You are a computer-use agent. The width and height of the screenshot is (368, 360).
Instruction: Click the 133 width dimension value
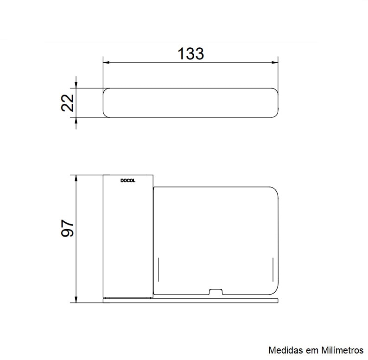click(x=190, y=54)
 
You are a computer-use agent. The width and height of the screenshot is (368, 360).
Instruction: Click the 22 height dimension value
click(x=68, y=103)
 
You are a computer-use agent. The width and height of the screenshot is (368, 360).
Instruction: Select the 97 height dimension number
click(x=68, y=228)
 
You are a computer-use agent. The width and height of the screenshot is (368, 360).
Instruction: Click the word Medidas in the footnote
click(x=283, y=350)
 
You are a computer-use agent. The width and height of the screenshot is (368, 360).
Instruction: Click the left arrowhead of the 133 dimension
click(x=105, y=62)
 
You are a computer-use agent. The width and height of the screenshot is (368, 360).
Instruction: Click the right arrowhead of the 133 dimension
click(x=275, y=62)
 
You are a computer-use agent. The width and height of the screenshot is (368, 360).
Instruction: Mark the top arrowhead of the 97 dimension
click(x=76, y=178)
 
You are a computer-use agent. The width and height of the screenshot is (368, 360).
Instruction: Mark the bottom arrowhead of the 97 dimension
click(x=76, y=300)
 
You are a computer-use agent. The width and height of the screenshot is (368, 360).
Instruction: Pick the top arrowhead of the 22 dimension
click(x=76, y=84)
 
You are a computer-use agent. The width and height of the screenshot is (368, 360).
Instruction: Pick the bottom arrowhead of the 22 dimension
click(x=76, y=120)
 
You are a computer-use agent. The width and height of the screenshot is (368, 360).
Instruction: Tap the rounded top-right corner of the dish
click(x=273, y=191)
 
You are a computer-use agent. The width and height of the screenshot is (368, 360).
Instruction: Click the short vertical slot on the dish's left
click(x=159, y=269)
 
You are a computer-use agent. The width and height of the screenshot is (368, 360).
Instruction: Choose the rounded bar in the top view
click(x=190, y=102)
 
